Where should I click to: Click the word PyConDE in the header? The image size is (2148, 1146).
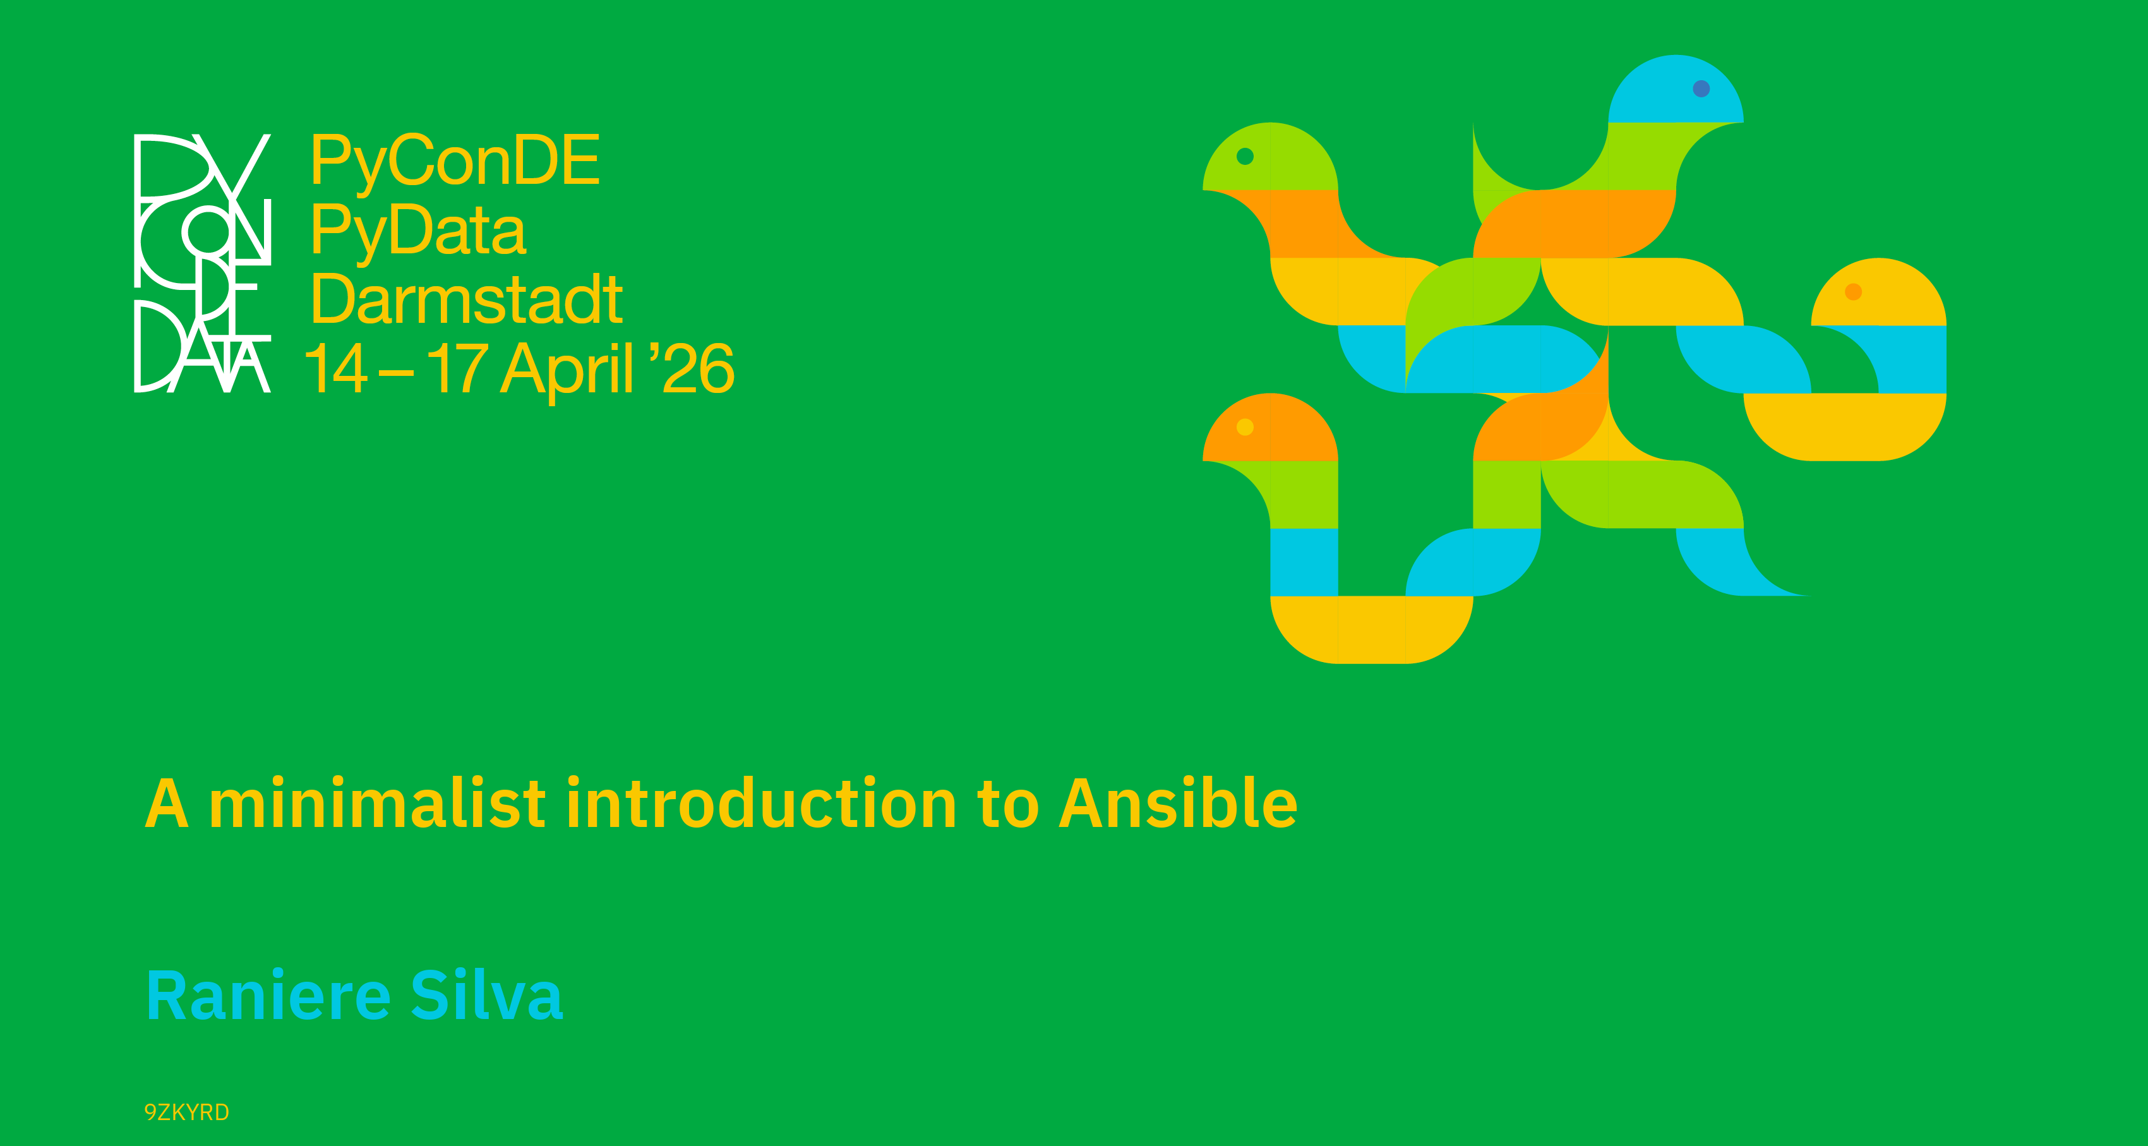pos(455,162)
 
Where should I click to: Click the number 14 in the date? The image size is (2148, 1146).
pos(336,368)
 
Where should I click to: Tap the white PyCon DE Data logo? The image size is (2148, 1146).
pos(203,263)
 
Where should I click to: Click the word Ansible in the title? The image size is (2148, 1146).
pos(1179,802)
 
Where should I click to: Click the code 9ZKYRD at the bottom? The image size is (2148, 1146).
pos(187,1112)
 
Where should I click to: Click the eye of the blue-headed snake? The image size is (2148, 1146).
pos(1701,88)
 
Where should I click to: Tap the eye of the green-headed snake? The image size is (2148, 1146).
pos(1245,156)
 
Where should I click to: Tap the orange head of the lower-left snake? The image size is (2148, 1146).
pos(1270,428)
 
